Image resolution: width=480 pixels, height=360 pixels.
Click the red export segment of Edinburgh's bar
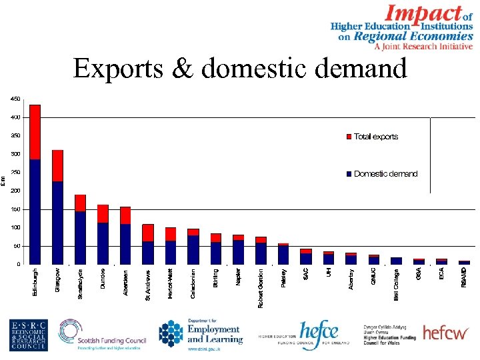click(35, 132)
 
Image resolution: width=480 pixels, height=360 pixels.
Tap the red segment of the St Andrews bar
click(148, 233)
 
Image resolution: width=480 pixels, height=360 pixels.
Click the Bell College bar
click(396, 261)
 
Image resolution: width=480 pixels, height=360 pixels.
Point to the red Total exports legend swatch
click(349, 137)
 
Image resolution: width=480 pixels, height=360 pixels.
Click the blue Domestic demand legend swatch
click(349, 174)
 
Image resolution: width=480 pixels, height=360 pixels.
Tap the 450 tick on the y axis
click(15, 99)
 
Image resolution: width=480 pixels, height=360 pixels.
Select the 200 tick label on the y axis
click(15, 191)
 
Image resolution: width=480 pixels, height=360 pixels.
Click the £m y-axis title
click(3, 180)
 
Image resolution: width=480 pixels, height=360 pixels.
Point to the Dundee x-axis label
click(103, 279)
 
